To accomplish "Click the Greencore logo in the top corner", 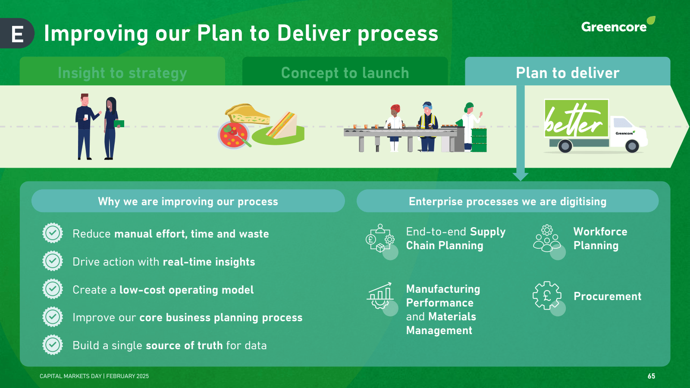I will tap(617, 26).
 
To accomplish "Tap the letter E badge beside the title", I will tap(17, 34).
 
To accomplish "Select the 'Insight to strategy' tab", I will tap(122, 72).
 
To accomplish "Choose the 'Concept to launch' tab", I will tap(345, 72).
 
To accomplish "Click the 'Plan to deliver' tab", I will tap(568, 72).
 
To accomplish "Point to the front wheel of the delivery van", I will tap(632, 146).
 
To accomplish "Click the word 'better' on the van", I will tap(574, 121).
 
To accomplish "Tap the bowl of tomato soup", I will tap(233, 135).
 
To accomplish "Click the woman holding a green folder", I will tap(111, 128).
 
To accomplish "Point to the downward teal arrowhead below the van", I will tap(521, 176).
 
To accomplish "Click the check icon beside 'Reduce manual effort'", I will tap(53, 233).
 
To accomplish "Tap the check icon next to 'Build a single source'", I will tap(53, 345).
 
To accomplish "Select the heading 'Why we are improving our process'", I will tap(188, 201).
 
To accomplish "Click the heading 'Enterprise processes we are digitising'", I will tap(508, 201).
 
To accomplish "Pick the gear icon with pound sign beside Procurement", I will tap(547, 296).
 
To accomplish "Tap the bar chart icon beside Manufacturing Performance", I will tap(380, 295).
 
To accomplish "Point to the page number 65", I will tap(651, 376).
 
